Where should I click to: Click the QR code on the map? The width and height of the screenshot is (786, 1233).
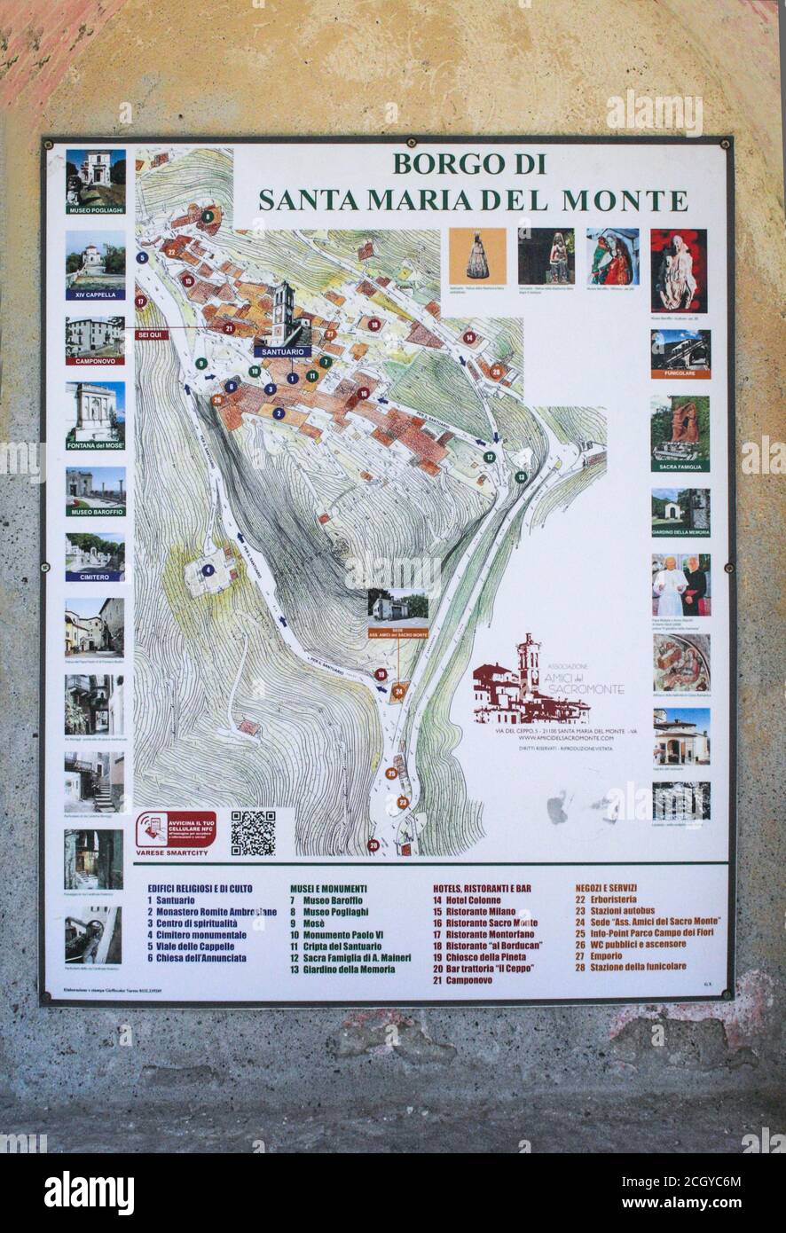click(x=253, y=833)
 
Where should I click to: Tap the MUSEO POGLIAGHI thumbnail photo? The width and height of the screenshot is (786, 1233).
click(x=95, y=177)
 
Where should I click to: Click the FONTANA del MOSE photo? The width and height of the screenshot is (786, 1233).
click(x=95, y=412)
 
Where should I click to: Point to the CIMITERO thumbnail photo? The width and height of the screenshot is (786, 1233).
click(x=95, y=554)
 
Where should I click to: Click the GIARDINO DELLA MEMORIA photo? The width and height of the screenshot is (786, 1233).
click(x=680, y=510)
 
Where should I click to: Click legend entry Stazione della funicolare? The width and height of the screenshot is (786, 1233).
click(x=636, y=967)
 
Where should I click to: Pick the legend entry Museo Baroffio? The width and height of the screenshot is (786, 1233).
click(x=332, y=900)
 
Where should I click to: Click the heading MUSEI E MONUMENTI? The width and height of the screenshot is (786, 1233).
click(x=328, y=887)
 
